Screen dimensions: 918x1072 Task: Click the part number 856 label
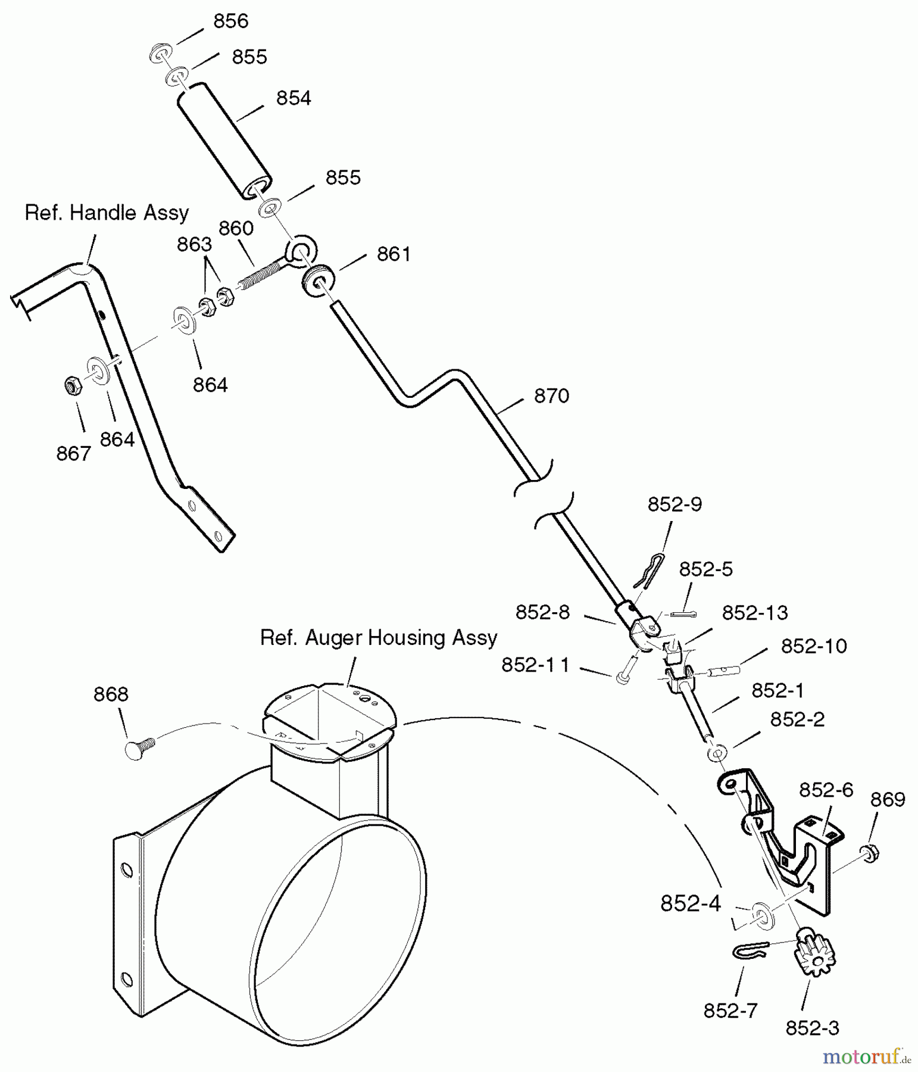coord(230,21)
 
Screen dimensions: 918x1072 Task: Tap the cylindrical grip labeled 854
coord(224,141)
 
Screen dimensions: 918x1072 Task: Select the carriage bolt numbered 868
coord(140,747)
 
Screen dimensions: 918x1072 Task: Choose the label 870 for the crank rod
coord(551,396)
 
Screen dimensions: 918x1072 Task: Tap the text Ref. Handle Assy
coord(107,213)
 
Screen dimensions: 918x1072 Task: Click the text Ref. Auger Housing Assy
coord(379,638)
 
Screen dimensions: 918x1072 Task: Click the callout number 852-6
coord(826,790)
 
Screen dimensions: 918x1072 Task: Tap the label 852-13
coord(755,612)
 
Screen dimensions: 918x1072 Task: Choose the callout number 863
coord(194,245)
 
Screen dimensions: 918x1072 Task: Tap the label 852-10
coord(814,646)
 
